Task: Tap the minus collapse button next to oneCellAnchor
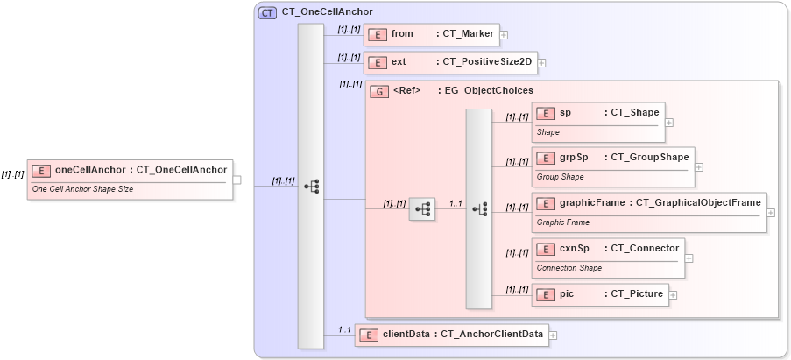237,180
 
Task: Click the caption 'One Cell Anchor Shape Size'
82,188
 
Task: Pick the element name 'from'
402,34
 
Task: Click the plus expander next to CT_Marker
504,35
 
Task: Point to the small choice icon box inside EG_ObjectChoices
422,208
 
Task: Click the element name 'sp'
565,113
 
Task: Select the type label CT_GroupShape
649,157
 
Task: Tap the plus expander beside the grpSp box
699,166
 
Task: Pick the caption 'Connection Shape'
569,268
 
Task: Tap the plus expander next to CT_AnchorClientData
553,335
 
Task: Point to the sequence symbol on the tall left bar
311,187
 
